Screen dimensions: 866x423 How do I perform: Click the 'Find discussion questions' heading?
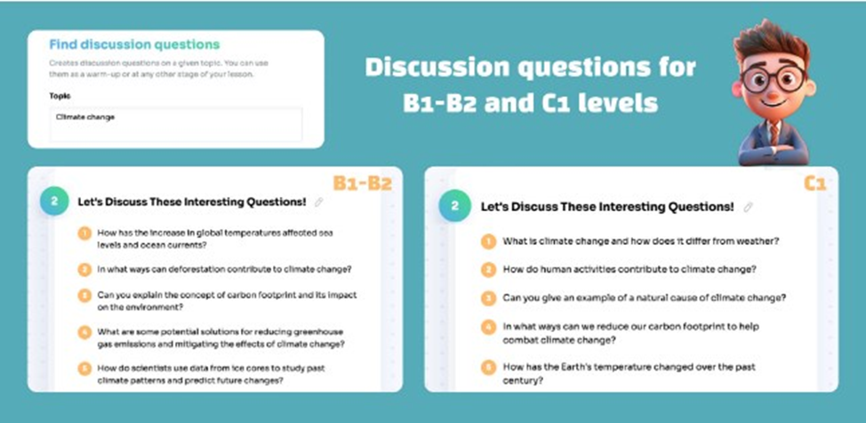point(134,45)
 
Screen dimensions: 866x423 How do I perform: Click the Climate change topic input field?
point(176,125)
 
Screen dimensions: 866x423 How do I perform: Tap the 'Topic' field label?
point(60,96)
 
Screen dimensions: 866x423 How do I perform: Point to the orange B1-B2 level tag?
point(362,183)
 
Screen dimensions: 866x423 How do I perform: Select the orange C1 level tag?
point(814,183)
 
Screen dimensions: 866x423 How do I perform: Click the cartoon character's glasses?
point(774,80)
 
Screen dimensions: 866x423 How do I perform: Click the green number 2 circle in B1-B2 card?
point(54,201)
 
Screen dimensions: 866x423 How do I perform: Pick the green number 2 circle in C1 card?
point(454,207)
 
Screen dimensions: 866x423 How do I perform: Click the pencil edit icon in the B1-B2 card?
point(318,202)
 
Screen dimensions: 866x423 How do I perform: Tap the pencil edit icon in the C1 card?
point(748,207)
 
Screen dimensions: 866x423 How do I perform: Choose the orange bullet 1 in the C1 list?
point(488,241)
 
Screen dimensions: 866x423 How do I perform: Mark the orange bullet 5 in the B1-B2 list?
point(84,369)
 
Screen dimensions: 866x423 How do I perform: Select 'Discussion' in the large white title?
point(436,68)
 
